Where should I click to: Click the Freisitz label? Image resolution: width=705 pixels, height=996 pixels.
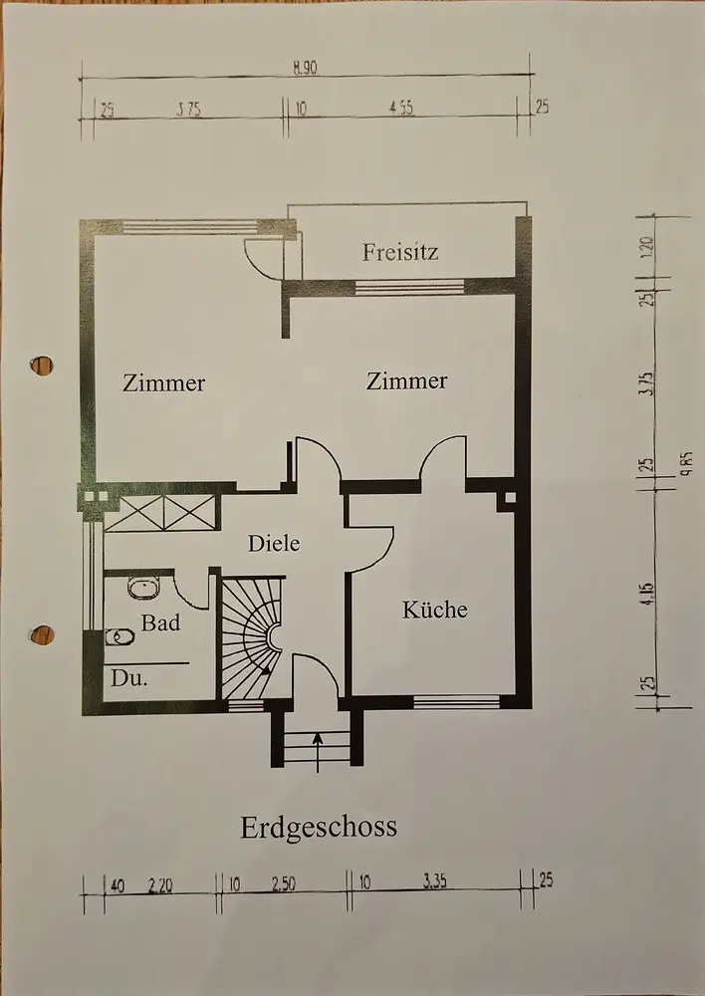coord(400,252)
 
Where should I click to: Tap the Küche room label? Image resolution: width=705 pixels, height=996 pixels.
coord(434,609)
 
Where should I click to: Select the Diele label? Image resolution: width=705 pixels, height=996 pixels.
coord(274,544)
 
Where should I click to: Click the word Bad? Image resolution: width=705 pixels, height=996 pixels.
coord(160,623)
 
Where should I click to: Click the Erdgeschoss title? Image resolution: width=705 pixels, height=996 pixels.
coord(318,827)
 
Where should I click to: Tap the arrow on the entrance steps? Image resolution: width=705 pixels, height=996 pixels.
coord(318,750)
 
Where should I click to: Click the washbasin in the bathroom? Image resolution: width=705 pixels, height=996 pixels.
coord(143,588)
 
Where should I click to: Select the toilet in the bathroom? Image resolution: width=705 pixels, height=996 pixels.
coord(118,636)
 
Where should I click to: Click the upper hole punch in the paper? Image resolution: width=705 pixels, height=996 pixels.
coord(42,366)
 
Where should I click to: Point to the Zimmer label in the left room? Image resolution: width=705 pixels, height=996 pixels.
coord(164,381)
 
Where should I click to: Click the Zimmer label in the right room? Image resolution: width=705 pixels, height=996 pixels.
coord(406,380)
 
